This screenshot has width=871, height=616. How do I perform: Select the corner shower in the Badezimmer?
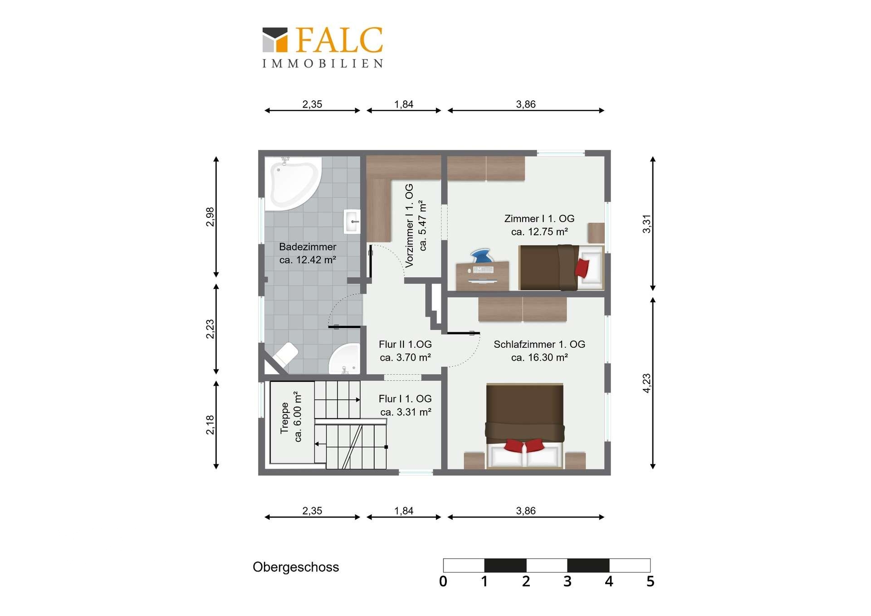point(344,359)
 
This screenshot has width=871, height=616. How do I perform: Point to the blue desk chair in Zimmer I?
point(481,256)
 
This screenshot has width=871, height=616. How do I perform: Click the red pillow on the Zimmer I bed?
point(582,268)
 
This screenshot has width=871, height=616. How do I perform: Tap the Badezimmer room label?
point(308,253)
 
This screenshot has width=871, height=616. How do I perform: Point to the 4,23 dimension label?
point(646,383)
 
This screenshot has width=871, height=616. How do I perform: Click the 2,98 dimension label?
point(210,217)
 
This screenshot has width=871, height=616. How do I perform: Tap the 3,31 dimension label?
point(646,224)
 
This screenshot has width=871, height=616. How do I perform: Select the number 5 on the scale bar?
point(650,582)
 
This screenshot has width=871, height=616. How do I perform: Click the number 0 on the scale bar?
point(443,582)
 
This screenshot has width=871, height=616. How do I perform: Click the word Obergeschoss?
point(296,567)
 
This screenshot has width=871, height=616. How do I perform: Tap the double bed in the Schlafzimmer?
point(525,426)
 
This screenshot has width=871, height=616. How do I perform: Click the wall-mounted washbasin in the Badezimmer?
point(352,222)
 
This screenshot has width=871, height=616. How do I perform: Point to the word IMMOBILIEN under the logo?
point(323,64)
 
